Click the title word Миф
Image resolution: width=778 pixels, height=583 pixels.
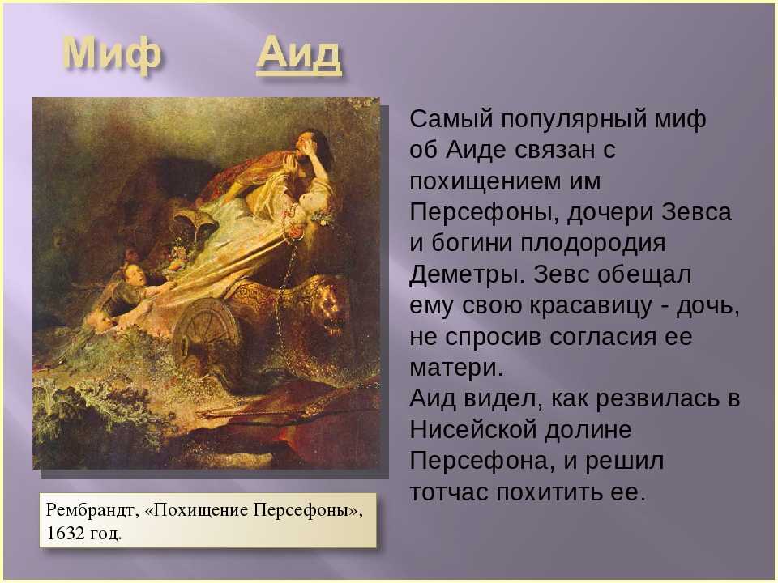pos(112,53)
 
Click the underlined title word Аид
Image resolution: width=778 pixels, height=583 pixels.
pos(299,53)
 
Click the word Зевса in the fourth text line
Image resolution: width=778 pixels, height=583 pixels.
pos(697,213)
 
